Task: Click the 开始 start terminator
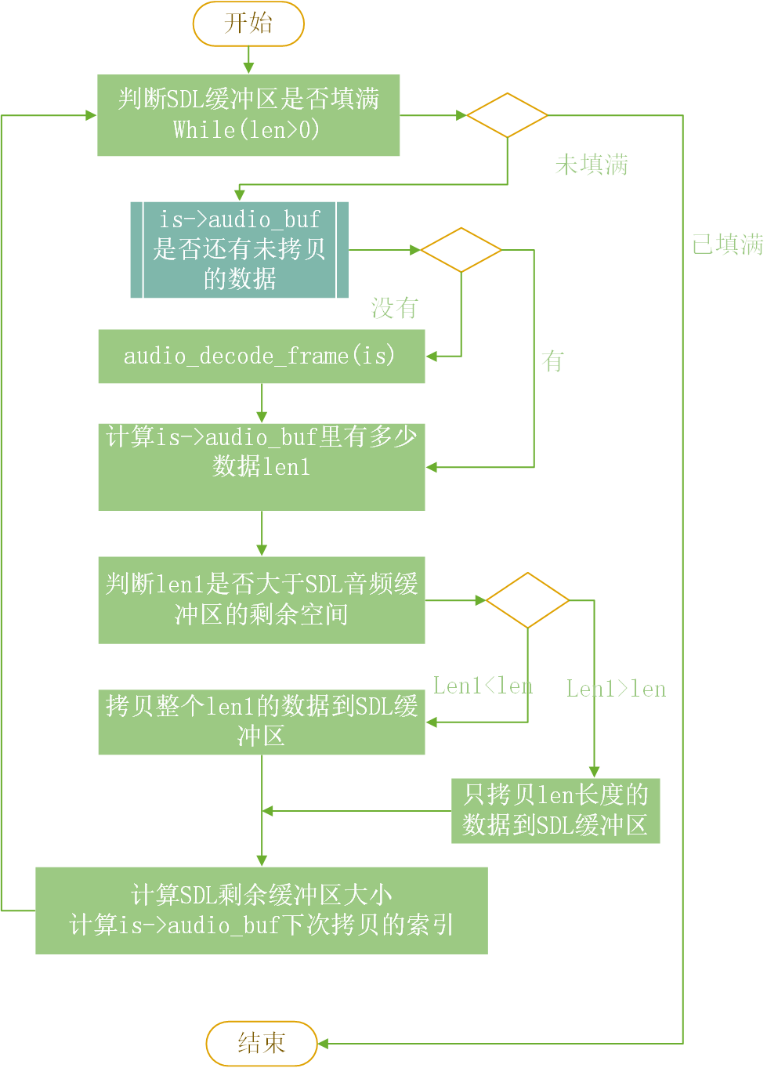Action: point(248,24)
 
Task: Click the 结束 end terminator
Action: point(262,1043)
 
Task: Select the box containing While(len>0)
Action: point(248,115)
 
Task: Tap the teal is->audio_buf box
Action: point(239,250)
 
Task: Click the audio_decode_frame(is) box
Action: point(261,357)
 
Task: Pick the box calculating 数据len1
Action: point(261,467)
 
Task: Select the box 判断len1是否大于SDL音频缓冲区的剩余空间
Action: point(261,600)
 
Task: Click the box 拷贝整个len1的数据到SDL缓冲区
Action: point(261,722)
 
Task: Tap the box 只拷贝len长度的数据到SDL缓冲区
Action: point(555,811)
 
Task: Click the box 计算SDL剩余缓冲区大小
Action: point(261,911)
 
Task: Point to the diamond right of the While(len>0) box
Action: point(507,115)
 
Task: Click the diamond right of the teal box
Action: point(461,250)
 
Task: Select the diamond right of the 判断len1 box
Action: point(527,600)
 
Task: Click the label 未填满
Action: point(592,165)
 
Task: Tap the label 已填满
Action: point(727,244)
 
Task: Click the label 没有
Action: point(395,308)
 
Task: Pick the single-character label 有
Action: point(552,361)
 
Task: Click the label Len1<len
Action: point(483,686)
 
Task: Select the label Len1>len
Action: point(616,690)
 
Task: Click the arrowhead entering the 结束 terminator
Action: point(322,1044)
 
